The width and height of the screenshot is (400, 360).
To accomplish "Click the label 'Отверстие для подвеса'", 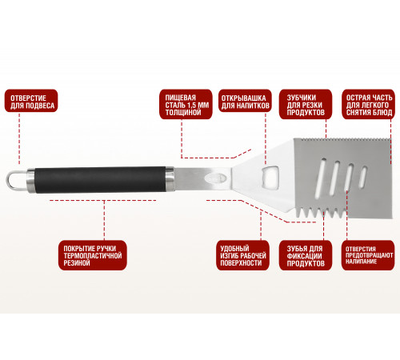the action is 31,101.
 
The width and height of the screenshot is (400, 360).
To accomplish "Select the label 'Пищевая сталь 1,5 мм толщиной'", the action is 186,104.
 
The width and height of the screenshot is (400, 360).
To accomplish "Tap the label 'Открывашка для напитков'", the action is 245,101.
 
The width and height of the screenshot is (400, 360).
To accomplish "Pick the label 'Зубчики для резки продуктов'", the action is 306,104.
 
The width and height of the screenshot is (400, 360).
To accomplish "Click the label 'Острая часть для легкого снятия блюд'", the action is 369,104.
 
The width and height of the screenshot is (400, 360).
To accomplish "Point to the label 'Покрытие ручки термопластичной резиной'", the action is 93,255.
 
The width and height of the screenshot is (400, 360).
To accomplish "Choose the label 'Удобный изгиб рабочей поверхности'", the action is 242,255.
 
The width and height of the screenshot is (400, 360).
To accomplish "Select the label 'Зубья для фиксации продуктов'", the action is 306,255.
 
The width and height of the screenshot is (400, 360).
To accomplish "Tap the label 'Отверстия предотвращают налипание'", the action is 368,255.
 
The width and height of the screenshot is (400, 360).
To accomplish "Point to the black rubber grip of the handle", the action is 100,180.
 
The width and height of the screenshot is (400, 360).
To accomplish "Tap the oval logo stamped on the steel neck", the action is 217,178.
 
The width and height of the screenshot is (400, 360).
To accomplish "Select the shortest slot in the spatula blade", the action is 362,177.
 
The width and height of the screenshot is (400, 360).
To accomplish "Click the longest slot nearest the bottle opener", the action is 320,178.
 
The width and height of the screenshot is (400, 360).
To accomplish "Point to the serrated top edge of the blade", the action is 342,140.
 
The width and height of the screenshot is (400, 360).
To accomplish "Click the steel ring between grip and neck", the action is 170,179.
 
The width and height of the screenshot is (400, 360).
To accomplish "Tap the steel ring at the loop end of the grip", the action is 31,180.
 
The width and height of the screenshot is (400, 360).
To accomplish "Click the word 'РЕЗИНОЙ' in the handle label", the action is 77,263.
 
